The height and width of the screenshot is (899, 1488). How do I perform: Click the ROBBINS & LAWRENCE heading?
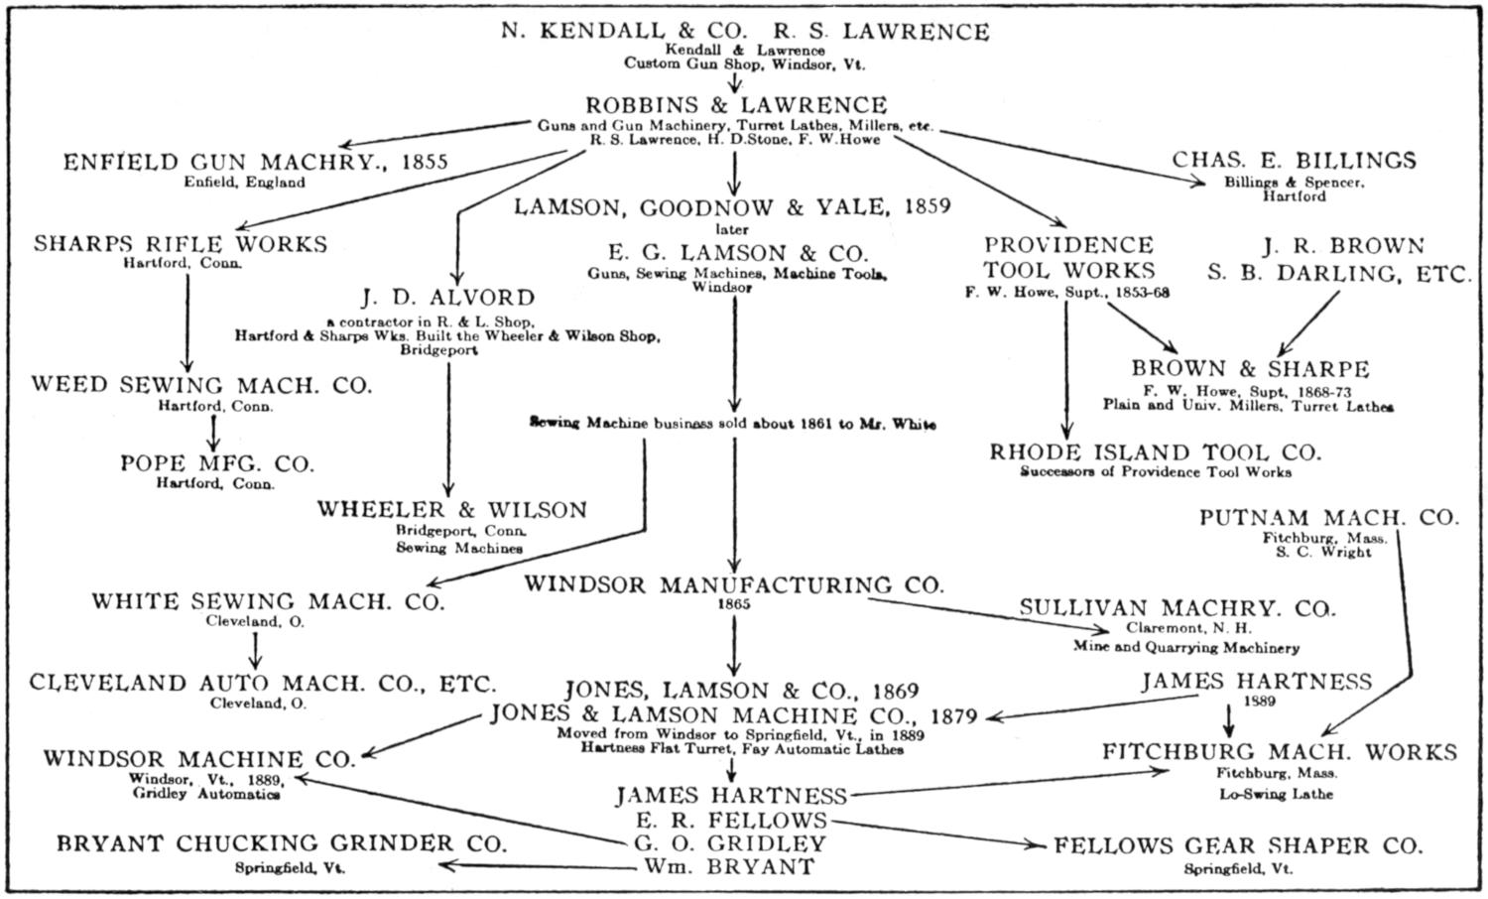click(x=736, y=105)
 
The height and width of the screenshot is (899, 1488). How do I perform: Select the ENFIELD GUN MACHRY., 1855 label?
click(x=256, y=162)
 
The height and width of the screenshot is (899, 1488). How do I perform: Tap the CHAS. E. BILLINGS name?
click(x=1295, y=161)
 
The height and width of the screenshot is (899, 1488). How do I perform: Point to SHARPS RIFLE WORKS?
click(x=181, y=244)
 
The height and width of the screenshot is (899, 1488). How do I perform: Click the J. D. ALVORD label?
click(x=448, y=298)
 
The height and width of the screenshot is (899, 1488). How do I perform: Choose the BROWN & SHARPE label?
click(x=1250, y=369)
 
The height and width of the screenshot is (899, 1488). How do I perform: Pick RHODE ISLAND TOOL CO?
click(x=1156, y=452)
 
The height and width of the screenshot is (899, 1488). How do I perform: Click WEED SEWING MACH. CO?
click(x=201, y=385)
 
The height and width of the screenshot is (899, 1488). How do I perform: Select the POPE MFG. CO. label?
click(x=217, y=463)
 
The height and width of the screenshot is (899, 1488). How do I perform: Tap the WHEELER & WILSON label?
click(x=452, y=510)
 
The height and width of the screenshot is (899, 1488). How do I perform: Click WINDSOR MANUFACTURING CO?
click(x=734, y=584)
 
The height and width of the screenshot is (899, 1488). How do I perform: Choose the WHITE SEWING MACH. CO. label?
click(x=268, y=601)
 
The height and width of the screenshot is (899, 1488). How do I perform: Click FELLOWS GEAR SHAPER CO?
click(x=1238, y=846)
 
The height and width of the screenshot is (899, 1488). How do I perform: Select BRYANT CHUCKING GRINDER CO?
click(x=282, y=843)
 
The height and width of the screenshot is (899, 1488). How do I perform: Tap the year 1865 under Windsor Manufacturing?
click(x=734, y=603)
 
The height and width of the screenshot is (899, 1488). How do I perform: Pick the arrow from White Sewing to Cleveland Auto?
click(x=256, y=649)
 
